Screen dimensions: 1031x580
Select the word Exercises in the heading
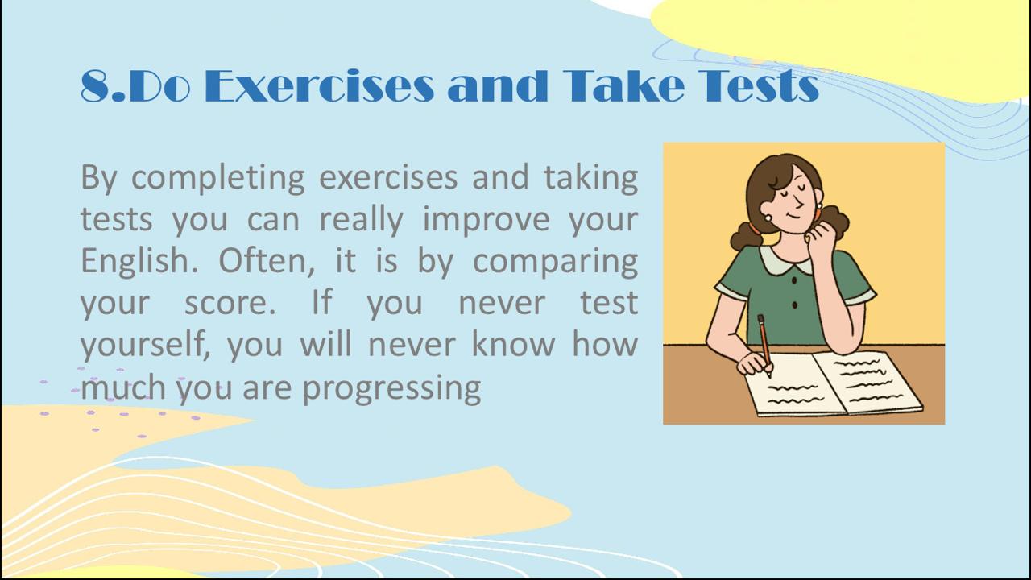coord(319,85)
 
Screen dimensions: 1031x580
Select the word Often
coord(267,260)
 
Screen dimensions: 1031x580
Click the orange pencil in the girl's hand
coord(765,346)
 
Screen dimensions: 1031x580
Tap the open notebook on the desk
coord(833,384)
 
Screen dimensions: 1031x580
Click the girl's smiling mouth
coord(793,214)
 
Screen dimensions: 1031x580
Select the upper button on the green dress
coord(794,280)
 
